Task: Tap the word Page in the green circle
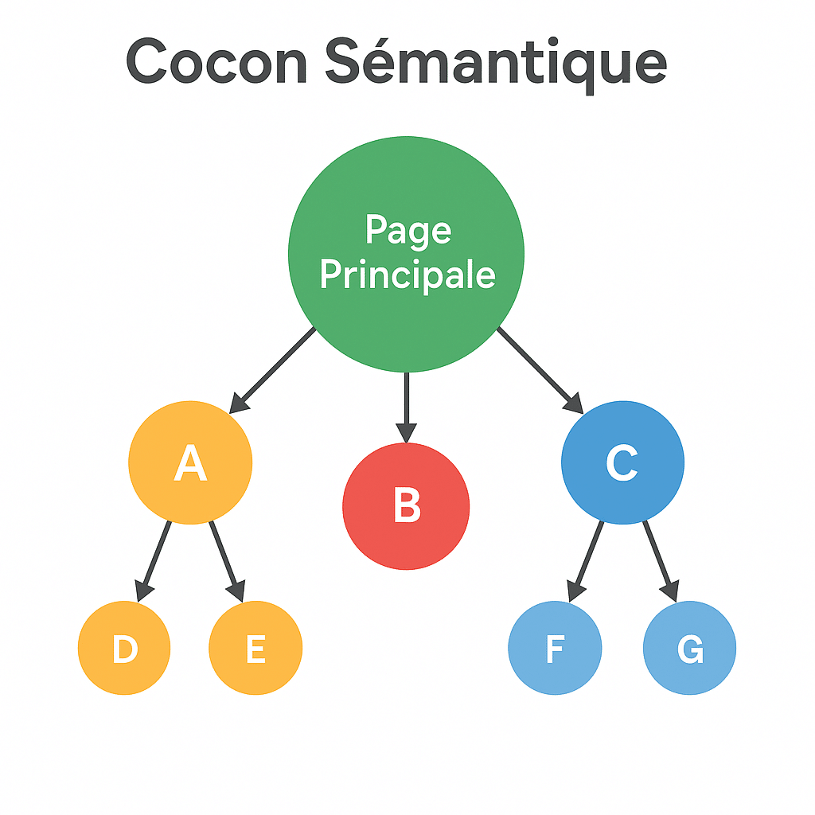coord(407,230)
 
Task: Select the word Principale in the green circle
coord(407,275)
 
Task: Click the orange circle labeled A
coord(190,462)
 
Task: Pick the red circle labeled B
coord(406,506)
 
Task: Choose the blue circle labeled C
coord(622,462)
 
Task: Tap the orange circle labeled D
coord(124,649)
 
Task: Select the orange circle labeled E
coord(255,649)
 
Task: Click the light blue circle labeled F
coord(555,649)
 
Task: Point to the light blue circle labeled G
coord(689,649)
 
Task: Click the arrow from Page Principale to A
coord(275,368)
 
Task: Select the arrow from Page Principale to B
coord(406,402)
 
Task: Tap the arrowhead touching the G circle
coord(671,591)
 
